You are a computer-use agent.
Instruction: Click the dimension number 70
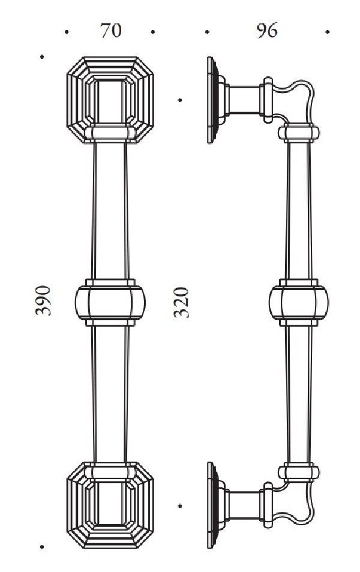click(111, 31)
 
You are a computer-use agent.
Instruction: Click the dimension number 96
click(267, 31)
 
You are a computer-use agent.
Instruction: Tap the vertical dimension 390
click(43, 301)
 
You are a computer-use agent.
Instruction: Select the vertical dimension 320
click(181, 303)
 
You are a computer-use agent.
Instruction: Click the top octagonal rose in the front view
click(110, 100)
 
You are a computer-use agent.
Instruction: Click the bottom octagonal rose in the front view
click(110, 505)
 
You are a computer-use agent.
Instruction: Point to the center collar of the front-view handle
click(110, 303)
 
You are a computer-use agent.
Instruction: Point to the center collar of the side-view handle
click(299, 303)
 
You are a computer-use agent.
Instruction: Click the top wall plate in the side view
click(213, 100)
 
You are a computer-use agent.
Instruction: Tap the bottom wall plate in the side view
click(213, 505)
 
